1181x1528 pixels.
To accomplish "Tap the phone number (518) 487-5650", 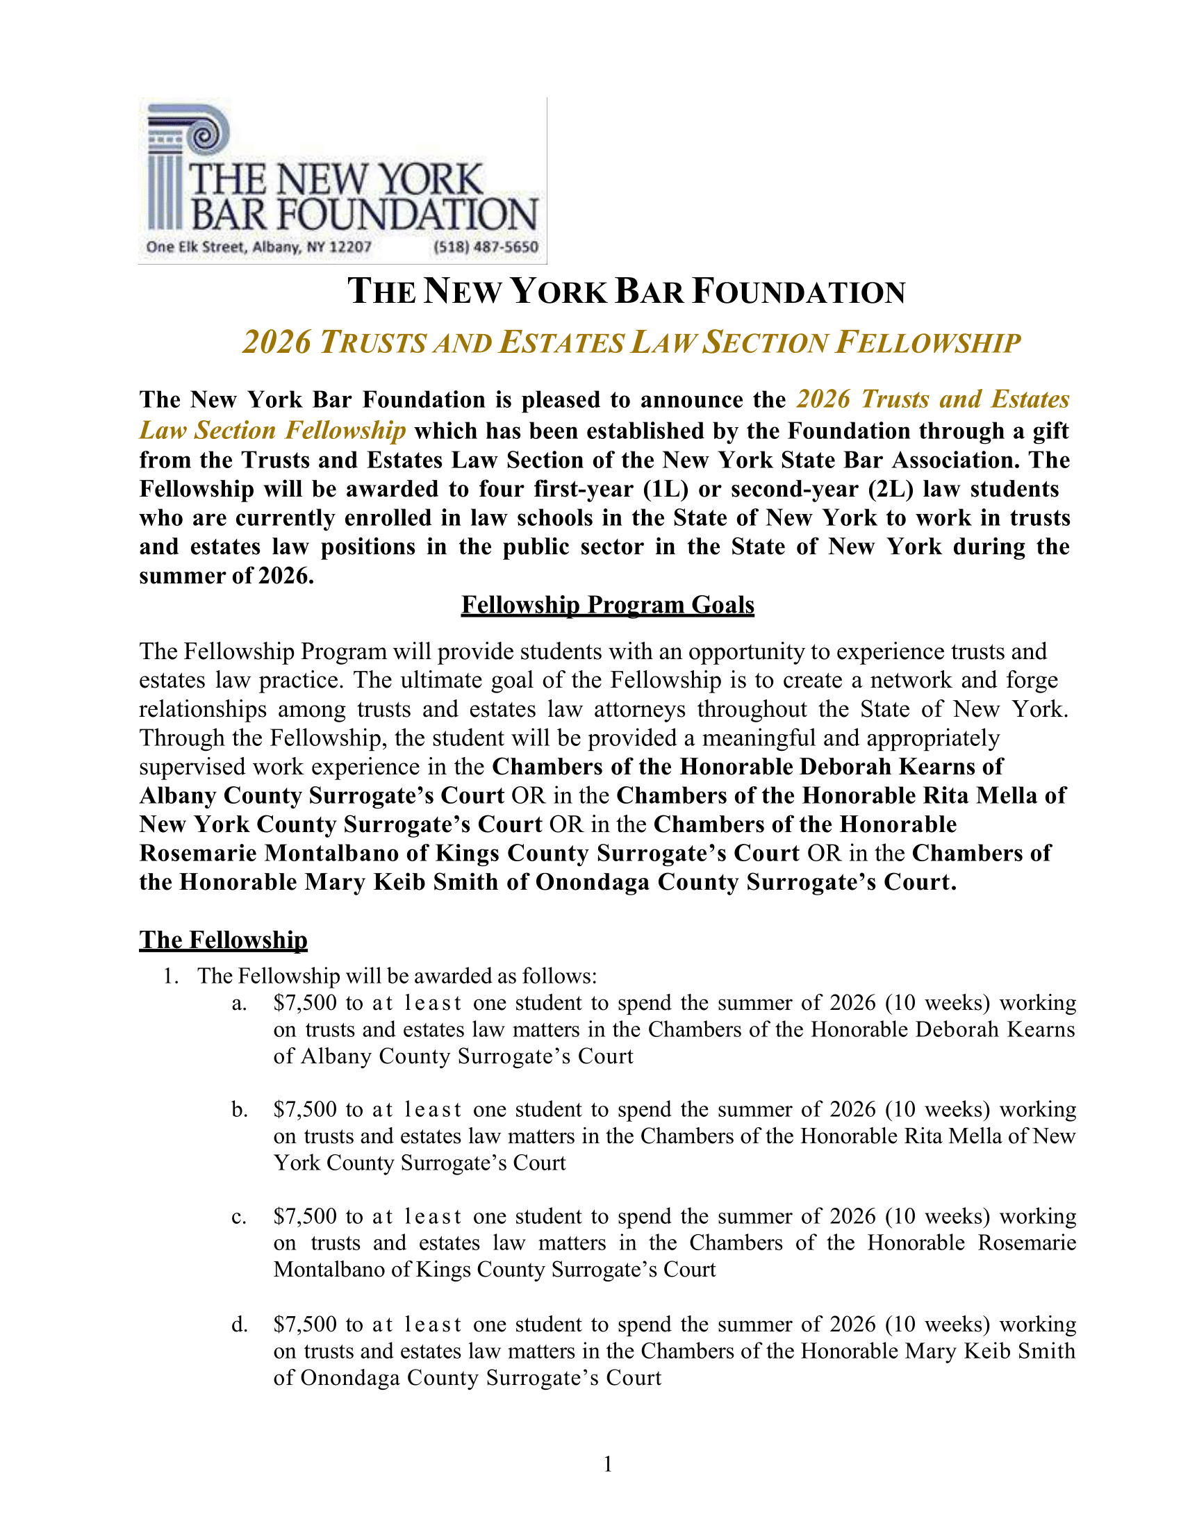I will point(486,247).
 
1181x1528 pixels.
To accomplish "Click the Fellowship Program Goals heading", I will point(607,604).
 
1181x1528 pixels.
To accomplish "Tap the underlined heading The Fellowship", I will point(223,940).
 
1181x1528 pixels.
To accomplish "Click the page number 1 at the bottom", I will point(608,1463).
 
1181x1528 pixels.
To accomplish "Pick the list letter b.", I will point(239,1110).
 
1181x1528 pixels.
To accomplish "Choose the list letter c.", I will point(239,1217).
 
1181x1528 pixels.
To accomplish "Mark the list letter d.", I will point(239,1324).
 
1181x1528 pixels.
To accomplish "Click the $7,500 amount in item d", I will point(305,1324).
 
